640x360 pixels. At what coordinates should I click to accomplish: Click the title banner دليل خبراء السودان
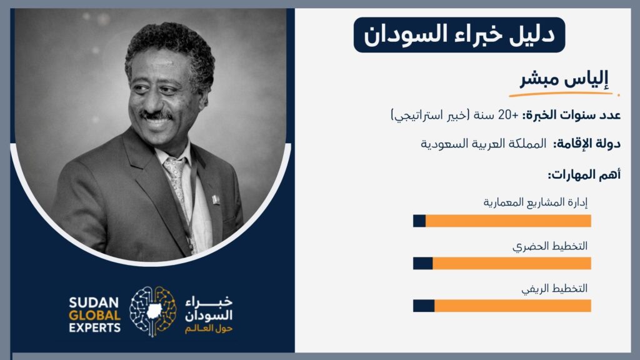pos(459,35)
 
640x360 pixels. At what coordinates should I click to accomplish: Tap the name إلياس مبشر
pos(564,78)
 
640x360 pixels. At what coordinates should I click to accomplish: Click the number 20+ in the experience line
pos(508,116)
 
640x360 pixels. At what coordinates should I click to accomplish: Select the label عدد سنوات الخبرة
pos(572,116)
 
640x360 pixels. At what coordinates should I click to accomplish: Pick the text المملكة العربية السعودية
pos(483,144)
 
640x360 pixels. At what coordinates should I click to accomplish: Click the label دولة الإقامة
pos(587,144)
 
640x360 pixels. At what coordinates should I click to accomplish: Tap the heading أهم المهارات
pos(584,175)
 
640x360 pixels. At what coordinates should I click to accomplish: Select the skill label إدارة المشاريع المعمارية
pos(536,202)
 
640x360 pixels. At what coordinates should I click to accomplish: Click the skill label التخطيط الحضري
pos(550,246)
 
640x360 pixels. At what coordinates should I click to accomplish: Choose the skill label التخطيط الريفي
pos(554,289)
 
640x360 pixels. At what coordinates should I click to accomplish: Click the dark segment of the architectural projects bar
pos(419,221)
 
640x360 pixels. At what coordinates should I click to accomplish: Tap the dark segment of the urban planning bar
pos(423,263)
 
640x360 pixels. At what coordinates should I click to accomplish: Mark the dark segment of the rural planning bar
pos(424,306)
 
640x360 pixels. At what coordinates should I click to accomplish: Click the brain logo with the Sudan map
pos(153,311)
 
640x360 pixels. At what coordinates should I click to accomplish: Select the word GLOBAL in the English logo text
pos(95,316)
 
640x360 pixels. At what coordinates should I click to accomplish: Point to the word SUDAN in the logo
pos(94,303)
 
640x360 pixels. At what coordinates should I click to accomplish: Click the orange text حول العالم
pos(209,329)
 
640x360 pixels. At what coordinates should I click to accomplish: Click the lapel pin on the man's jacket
pos(216,199)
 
